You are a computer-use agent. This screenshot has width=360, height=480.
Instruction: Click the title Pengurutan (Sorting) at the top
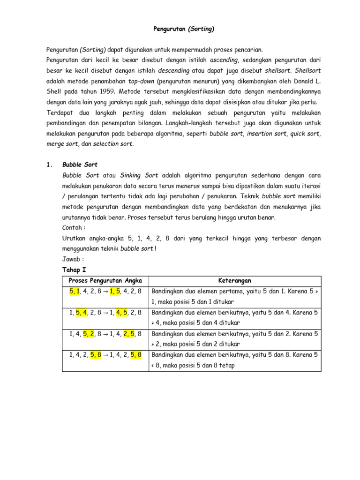(x=184, y=29)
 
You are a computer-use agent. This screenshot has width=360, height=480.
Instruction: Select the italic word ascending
(x=225, y=60)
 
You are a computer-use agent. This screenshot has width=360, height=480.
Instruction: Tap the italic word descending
(x=173, y=71)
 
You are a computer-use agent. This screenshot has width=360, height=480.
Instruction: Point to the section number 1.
(x=49, y=165)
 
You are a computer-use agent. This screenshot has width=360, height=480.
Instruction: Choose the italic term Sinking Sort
(x=139, y=175)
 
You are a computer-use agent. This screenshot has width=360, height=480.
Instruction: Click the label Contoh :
(x=74, y=228)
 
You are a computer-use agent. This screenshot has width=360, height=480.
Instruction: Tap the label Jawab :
(x=73, y=259)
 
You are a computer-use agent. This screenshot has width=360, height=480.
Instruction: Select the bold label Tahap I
(x=74, y=270)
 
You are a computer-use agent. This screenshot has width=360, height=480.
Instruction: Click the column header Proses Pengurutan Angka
(x=105, y=281)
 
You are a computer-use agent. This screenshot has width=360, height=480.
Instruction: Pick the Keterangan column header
(x=234, y=281)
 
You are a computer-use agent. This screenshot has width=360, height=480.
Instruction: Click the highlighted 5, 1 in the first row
(x=75, y=291)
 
